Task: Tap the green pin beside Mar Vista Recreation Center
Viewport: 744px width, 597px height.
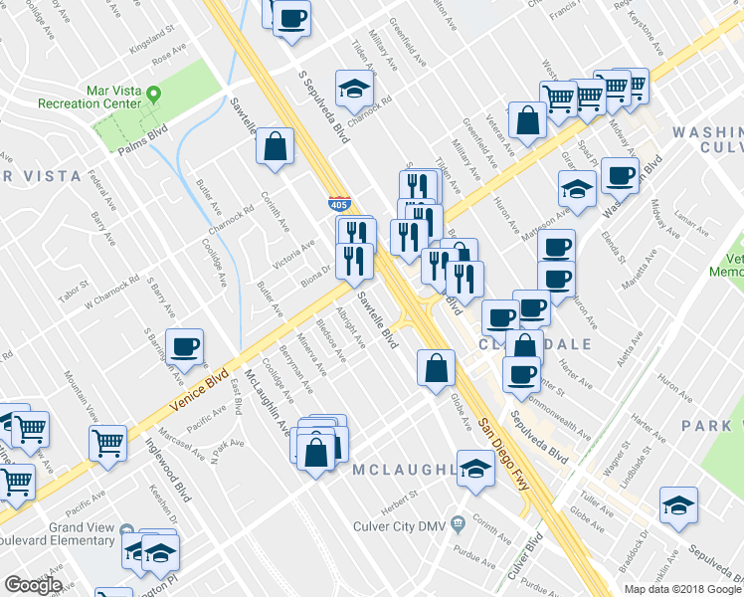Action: tap(154, 96)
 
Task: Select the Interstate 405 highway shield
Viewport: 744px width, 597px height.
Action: tap(339, 205)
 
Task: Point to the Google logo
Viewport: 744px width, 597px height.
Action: tap(33, 585)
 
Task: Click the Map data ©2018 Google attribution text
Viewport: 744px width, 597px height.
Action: tap(682, 589)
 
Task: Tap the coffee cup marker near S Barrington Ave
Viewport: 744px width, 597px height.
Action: tap(185, 348)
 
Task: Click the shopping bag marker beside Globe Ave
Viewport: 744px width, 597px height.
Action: tap(436, 369)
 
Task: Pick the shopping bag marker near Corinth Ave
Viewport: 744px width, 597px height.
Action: tap(276, 148)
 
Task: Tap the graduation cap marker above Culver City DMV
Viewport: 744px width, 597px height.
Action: tap(476, 470)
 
